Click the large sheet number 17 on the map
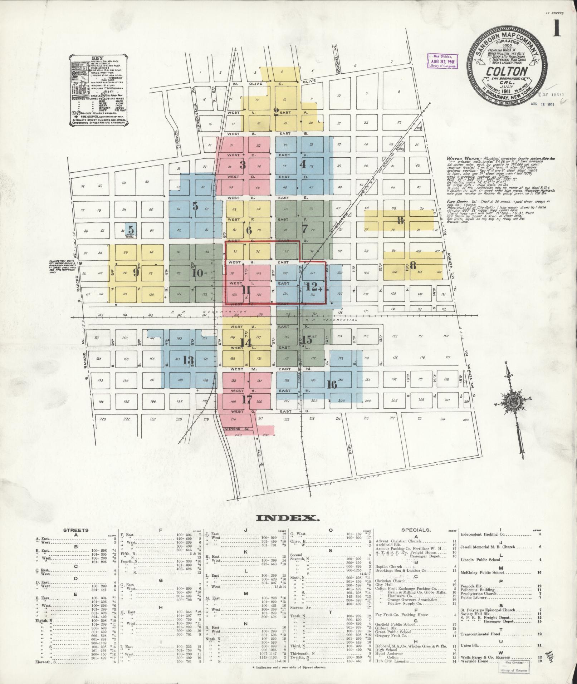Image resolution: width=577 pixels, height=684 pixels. coord(247,399)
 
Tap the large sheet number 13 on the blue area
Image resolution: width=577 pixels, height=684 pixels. coord(188,360)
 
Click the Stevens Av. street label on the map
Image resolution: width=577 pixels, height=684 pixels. coord(236,428)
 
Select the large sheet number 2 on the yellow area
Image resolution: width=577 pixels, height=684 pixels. coord(276,112)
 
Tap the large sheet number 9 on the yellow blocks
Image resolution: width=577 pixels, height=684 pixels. coord(136,272)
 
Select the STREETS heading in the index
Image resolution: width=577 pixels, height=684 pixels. coord(76,530)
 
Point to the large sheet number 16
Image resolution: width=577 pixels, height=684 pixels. coord(332,384)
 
